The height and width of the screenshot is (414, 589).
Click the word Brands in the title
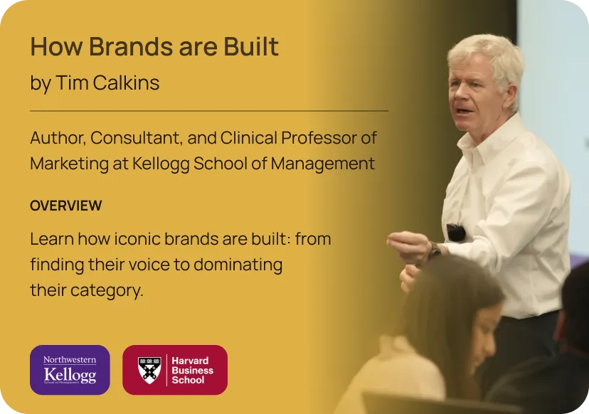click(x=130, y=46)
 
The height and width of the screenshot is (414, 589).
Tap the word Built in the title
click(x=251, y=46)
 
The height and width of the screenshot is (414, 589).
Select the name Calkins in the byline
click(x=126, y=83)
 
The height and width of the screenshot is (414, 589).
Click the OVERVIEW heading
click(x=66, y=206)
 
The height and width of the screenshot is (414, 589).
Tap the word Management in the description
click(x=323, y=164)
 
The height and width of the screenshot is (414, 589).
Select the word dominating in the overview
click(x=238, y=265)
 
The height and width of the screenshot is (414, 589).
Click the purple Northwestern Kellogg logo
click(x=70, y=370)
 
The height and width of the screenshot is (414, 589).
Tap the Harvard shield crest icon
click(x=149, y=370)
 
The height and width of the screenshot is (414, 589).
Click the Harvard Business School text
click(x=192, y=371)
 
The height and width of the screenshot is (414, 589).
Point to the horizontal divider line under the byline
click(x=209, y=111)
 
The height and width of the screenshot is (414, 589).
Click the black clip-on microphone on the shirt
click(x=456, y=232)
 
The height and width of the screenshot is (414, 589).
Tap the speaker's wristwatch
click(x=435, y=250)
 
